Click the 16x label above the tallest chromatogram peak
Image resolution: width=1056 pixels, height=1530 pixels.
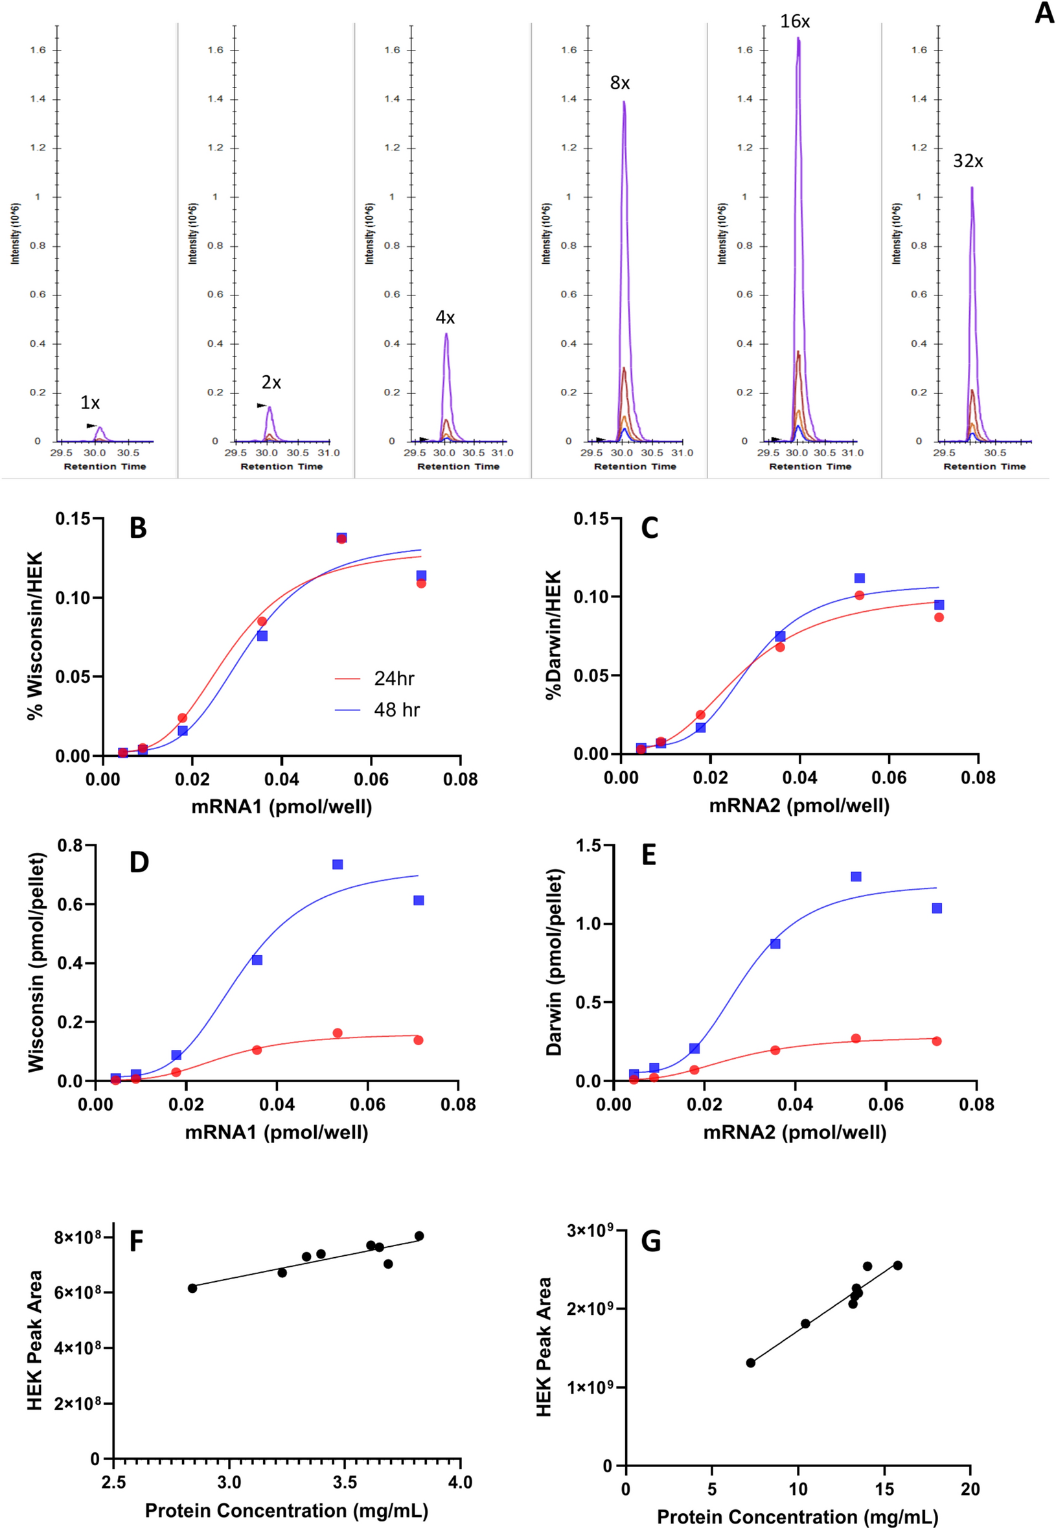[x=794, y=22]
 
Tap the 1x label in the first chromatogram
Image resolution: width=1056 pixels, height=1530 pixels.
[x=90, y=402]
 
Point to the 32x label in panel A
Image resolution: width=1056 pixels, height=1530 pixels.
[x=967, y=161]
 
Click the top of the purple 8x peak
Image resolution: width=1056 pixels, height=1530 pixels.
[x=623, y=102]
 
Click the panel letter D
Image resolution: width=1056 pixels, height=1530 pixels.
[x=139, y=863]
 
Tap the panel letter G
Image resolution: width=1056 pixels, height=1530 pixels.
[x=650, y=1242]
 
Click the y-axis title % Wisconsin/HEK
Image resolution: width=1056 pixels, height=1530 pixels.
[x=34, y=635]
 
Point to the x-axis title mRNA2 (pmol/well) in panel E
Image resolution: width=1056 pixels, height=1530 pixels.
[x=794, y=1132]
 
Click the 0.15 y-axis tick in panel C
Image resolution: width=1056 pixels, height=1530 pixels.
[x=591, y=519]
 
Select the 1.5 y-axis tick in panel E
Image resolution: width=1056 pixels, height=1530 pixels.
[x=588, y=846]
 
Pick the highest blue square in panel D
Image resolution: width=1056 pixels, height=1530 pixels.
[x=338, y=864]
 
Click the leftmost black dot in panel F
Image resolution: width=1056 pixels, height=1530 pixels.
[x=192, y=1288]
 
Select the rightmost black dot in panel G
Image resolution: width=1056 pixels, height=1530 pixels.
[x=897, y=1266]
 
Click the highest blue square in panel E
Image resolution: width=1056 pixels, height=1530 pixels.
[x=856, y=876]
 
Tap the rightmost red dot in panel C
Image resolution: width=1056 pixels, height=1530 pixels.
[x=938, y=618]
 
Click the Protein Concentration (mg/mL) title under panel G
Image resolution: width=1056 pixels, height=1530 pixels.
[x=797, y=1517]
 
